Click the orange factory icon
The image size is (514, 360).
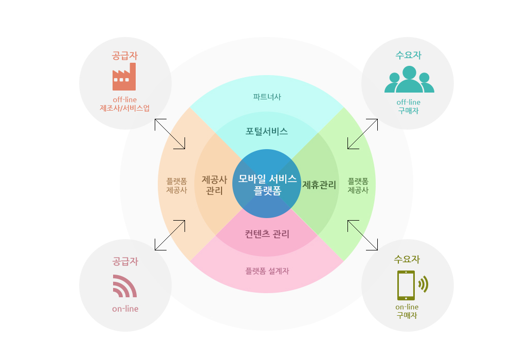pyautogui.click(x=124, y=77)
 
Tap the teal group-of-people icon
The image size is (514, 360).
pyautogui.click(x=409, y=79)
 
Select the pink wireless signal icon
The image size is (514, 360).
pyautogui.click(x=124, y=286)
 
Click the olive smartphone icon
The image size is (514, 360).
pyautogui.click(x=406, y=285)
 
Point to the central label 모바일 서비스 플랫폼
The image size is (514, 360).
pyautogui.click(x=267, y=184)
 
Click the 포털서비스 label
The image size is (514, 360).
pyautogui.click(x=266, y=132)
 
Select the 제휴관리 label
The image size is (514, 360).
pyautogui.click(x=319, y=185)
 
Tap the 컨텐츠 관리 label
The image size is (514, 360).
pyautogui.click(x=267, y=234)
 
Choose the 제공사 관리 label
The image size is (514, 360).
pyautogui.click(x=214, y=185)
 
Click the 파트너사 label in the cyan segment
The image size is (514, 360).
pyautogui.click(x=267, y=97)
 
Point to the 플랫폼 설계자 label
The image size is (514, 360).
pyautogui.click(x=267, y=271)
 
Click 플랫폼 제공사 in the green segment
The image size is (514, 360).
pyautogui.click(x=358, y=186)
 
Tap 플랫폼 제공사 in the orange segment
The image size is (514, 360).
pyautogui.click(x=176, y=186)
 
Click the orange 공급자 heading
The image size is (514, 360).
pyautogui.click(x=124, y=56)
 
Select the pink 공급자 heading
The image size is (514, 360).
pyautogui.click(x=125, y=261)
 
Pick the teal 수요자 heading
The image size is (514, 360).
pyautogui.click(x=408, y=55)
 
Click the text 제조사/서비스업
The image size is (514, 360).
pyautogui.click(x=124, y=108)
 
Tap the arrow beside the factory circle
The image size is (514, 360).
pyautogui.click(x=170, y=134)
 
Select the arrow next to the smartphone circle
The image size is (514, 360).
pyautogui.click(x=362, y=235)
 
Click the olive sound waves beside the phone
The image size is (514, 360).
pyautogui.click(x=424, y=284)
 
